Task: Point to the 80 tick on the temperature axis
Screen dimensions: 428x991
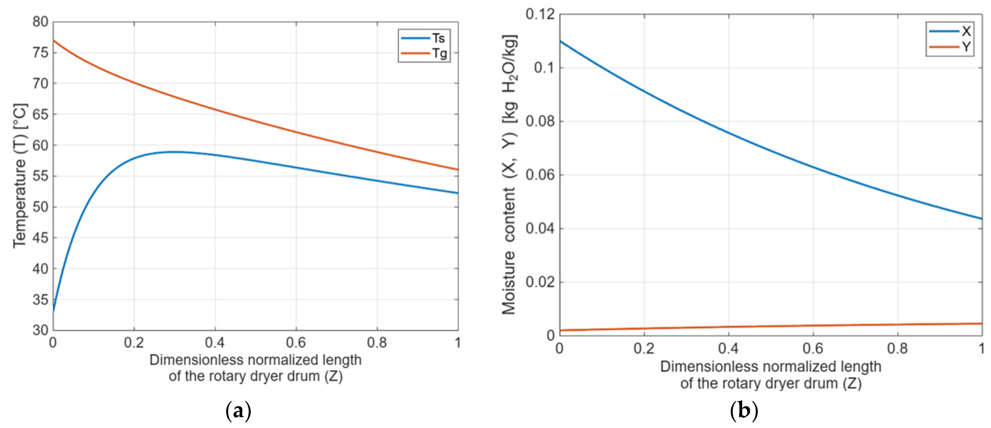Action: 40,22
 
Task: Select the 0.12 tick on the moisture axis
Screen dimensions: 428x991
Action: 541,14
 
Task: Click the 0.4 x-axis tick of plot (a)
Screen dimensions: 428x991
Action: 215,342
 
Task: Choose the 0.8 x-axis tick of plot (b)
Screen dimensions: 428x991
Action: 898,349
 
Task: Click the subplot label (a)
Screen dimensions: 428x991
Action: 238,411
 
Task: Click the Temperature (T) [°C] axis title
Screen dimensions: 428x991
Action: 20,176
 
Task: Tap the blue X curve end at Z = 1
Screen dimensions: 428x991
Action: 982,219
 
